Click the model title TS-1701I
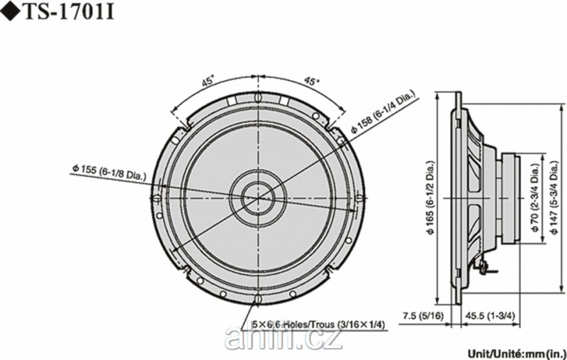tap(69, 13)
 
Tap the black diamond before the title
tap(11, 13)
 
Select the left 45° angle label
tap(208, 81)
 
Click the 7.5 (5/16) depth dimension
tap(423, 316)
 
